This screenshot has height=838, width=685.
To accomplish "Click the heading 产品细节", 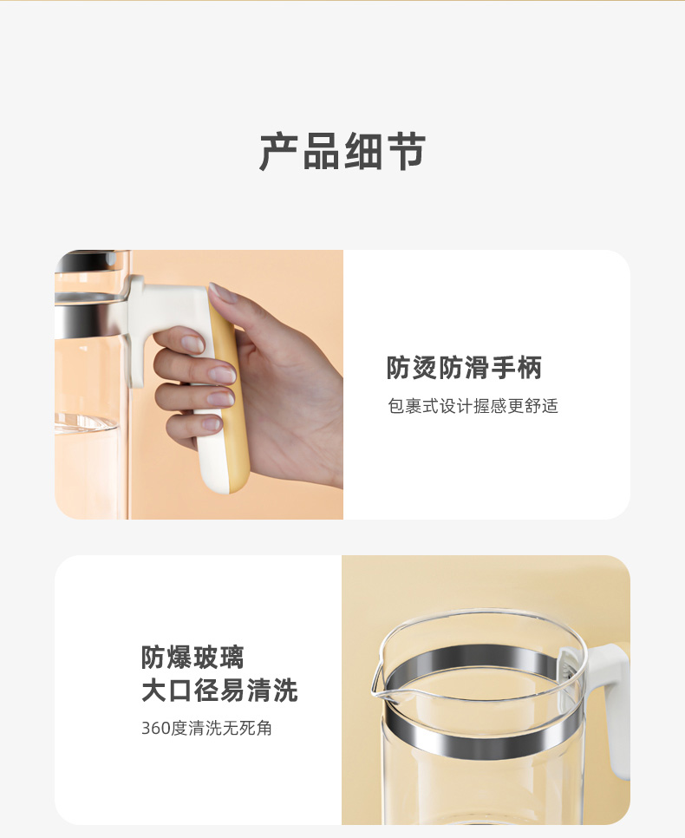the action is coord(342,152).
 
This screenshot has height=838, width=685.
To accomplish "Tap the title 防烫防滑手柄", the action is coord(464,368).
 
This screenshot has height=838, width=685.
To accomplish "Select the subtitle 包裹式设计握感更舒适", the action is coord(473,406).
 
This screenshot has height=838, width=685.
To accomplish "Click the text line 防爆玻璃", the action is coord(192,657).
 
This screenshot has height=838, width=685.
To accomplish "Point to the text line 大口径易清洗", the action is coord(219,691).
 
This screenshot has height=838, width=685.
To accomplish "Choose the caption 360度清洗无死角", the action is coord(206,728).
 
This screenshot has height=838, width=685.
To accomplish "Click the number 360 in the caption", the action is coord(155,728).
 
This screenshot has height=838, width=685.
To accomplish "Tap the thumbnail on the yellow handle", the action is coord(224,293).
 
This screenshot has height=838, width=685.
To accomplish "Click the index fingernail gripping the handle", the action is coord(192,343).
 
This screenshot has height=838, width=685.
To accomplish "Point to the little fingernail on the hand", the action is coord(211,424).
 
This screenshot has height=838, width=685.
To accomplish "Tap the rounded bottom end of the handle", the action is coord(225,480).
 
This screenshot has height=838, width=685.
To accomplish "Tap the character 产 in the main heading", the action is coord(279,152).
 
